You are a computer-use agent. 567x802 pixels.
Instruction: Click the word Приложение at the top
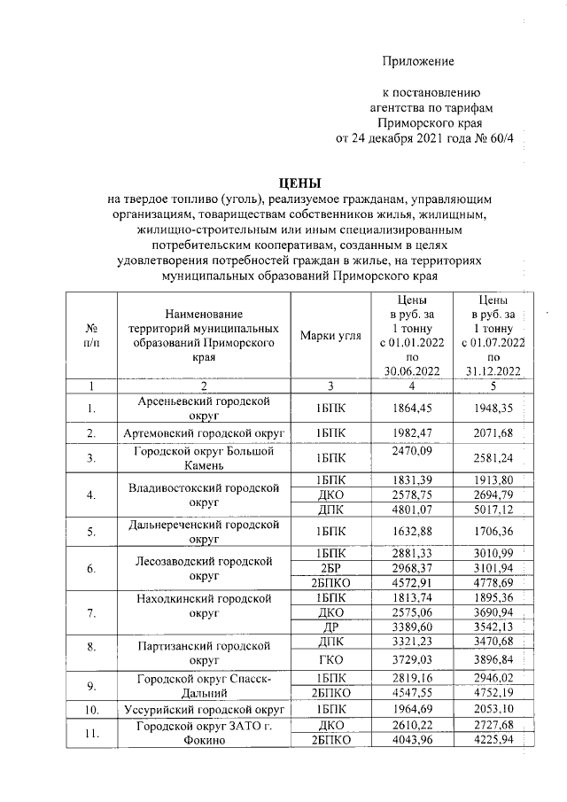tap(417, 61)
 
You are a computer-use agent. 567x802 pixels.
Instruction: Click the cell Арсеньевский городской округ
tap(204, 409)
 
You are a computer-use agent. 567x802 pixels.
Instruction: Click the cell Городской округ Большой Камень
tap(204, 457)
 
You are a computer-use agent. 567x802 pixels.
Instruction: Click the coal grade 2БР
tap(330, 567)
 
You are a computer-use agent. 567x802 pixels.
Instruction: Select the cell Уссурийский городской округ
tap(204, 710)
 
